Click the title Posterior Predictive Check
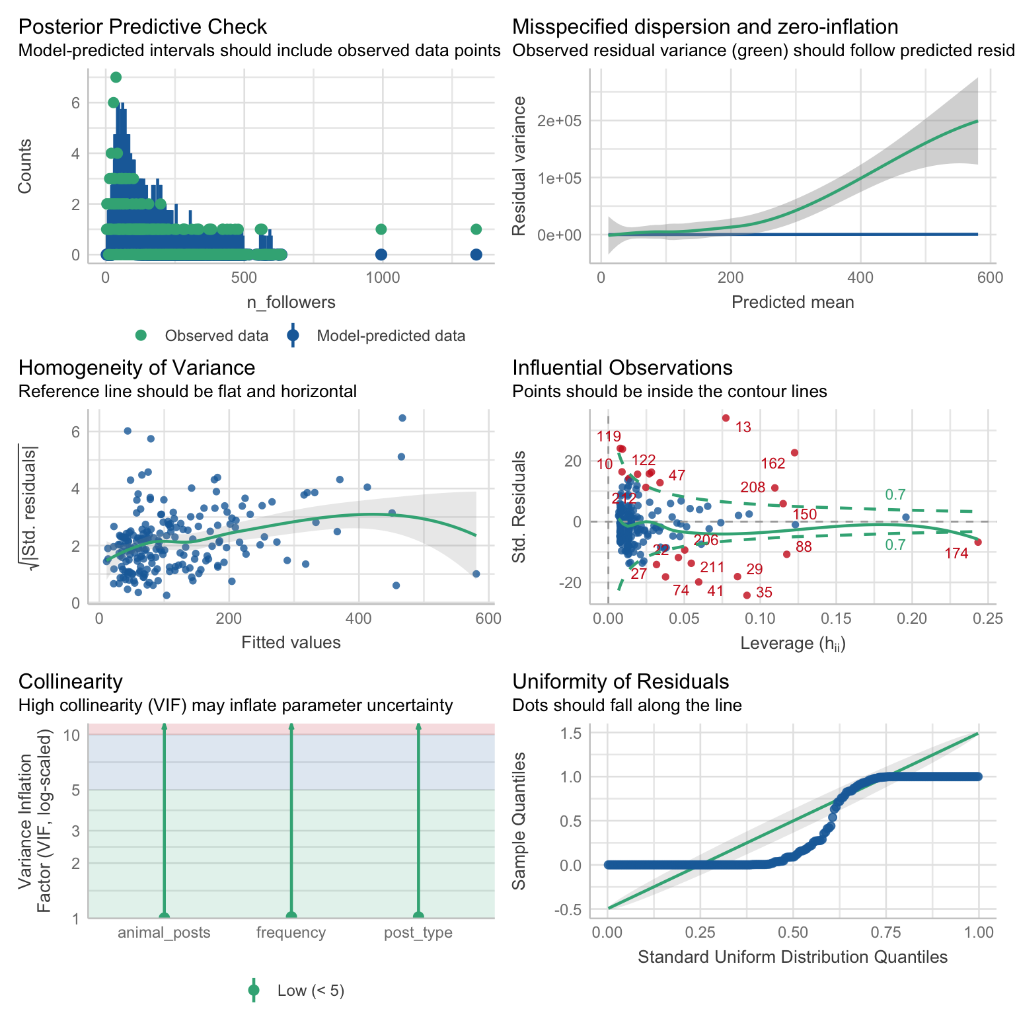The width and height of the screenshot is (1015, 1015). coord(142,27)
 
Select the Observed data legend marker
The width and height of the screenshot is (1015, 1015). coord(141,336)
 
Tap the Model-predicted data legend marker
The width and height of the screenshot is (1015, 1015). coord(293,336)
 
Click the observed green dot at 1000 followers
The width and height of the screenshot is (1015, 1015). coord(381,229)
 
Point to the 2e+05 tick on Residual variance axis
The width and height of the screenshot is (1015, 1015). coord(554,121)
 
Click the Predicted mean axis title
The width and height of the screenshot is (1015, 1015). coord(792,303)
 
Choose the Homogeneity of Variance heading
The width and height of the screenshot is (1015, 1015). coord(137,368)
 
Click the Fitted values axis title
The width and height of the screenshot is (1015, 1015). coord(291,642)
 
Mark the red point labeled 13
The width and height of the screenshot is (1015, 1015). coord(726,418)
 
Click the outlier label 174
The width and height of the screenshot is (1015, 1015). coord(956,554)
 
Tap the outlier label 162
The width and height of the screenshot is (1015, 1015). coord(773,463)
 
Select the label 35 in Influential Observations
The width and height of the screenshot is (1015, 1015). coord(764,593)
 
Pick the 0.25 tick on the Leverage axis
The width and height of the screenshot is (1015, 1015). coord(989,619)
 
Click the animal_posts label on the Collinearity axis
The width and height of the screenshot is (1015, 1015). coord(164,932)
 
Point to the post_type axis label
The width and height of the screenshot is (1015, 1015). coord(418,932)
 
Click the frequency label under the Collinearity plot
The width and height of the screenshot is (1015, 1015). coord(291,932)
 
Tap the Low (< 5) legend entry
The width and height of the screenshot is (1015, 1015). coord(311,991)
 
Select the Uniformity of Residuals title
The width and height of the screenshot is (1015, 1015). coord(620,682)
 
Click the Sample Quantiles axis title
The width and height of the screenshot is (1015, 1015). coord(520,821)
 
